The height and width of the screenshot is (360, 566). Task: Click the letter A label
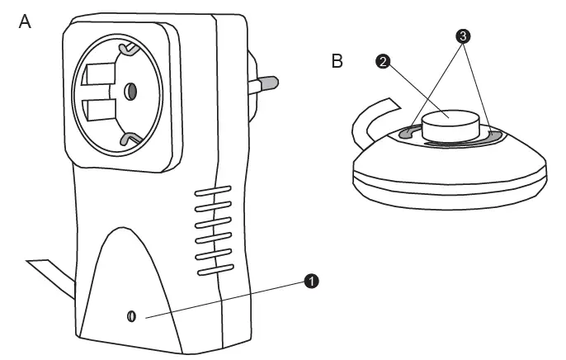[x=25, y=22]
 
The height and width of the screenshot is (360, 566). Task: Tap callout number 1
[x=312, y=281]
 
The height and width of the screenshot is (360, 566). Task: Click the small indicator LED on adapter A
[x=132, y=316]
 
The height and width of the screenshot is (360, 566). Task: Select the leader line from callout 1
[x=223, y=299]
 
